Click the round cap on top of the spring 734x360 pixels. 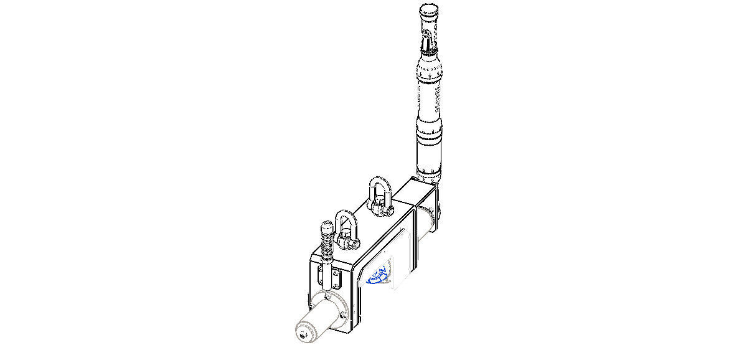(x=326, y=227)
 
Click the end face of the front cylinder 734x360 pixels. (x=306, y=333)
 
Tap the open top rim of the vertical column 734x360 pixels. (x=429, y=11)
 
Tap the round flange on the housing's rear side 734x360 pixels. (x=428, y=218)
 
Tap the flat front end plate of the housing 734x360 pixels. (x=333, y=283)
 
